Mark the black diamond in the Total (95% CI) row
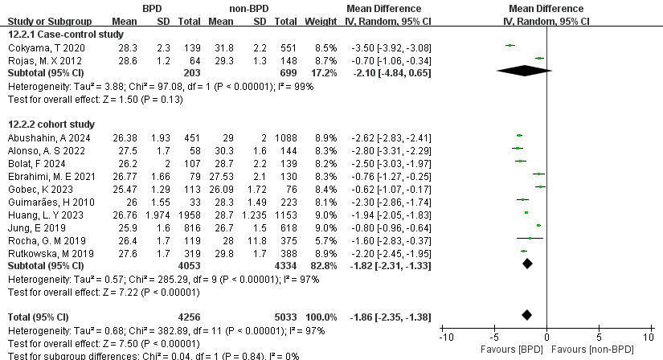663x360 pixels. (x=527, y=315)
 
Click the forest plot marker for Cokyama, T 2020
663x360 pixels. (x=510, y=46)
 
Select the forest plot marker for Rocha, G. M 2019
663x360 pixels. (x=530, y=239)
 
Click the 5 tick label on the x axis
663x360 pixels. (x=598, y=335)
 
